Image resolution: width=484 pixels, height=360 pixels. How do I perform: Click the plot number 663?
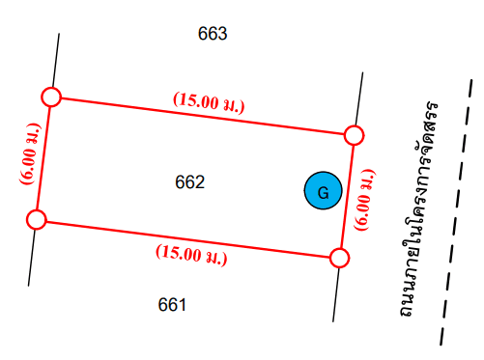(x=213, y=34)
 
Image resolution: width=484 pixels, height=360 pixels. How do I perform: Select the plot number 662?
(x=189, y=182)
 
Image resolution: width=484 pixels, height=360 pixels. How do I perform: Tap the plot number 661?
(x=172, y=305)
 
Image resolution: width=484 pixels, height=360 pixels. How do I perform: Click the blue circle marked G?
(x=323, y=190)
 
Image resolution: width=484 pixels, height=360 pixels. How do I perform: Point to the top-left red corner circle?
(x=51, y=97)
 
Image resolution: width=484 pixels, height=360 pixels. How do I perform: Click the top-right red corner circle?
(x=354, y=135)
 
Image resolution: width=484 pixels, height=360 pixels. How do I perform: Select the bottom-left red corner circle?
(x=37, y=220)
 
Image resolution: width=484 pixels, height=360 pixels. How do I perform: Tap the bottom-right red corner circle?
(x=339, y=258)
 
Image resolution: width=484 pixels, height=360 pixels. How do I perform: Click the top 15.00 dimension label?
(x=209, y=102)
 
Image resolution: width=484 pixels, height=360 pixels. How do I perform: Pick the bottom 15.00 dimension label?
(x=191, y=255)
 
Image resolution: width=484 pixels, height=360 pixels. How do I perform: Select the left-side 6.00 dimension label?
(x=30, y=153)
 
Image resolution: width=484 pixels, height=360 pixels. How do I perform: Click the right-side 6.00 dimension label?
(x=364, y=200)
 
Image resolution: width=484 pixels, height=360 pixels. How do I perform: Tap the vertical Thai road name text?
(x=418, y=208)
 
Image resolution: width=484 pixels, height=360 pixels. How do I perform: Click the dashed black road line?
(x=456, y=212)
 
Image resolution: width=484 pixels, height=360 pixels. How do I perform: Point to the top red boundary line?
(x=203, y=116)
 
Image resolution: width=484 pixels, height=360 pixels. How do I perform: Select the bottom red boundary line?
(x=188, y=238)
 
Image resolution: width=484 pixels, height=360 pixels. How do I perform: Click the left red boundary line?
(x=43, y=158)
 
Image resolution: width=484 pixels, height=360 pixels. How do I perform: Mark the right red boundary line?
(x=347, y=197)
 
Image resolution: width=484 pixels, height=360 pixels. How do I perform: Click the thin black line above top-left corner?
(x=56, y=60)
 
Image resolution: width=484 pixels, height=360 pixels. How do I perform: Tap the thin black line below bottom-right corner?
(x=335, y=294)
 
